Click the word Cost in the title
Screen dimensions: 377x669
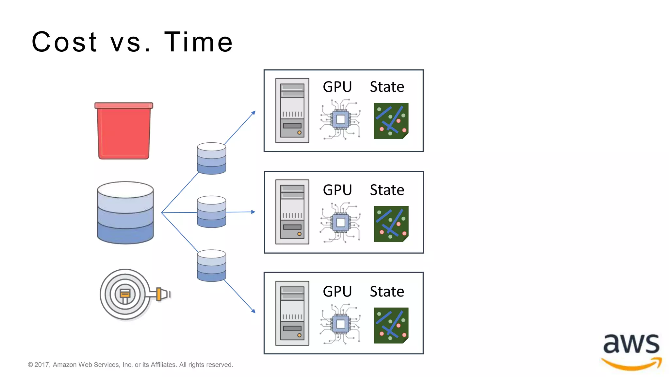point(64,42)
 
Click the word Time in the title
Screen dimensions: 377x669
point(198,42)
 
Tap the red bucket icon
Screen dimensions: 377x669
point(124,131)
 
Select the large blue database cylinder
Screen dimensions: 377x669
point(125,213)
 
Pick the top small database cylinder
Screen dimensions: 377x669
point(211,158)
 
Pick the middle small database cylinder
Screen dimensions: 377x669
point(211,212)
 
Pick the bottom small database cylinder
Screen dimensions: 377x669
point(211,265)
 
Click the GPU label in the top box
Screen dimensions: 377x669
point(337,87)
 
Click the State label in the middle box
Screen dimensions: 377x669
point(387,190)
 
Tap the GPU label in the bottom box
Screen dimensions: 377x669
point(337,291)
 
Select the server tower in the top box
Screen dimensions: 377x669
point(292,111)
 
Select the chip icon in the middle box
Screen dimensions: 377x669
point(340,223)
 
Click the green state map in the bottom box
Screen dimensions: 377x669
point(391,325)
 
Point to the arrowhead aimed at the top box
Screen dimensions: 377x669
point(253,113)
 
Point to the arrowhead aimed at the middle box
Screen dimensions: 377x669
point(253,212)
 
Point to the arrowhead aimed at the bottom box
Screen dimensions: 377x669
point(253,311)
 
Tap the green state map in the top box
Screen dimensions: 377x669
point(391,121)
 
